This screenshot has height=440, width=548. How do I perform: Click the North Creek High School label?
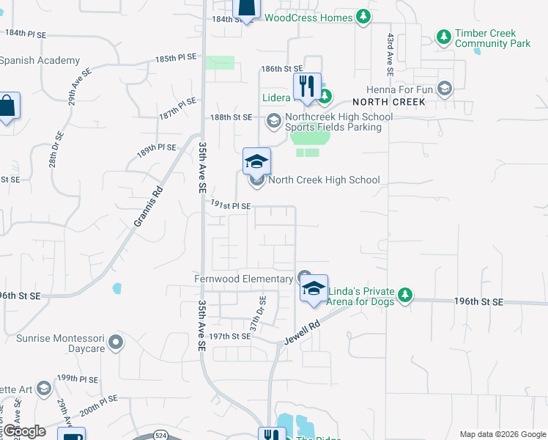pos(324,180)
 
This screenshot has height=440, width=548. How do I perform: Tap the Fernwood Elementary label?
pos(244,279)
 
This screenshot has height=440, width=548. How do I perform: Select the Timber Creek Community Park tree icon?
pos(443,36)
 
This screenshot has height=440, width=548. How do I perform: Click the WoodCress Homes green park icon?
pos(363,16)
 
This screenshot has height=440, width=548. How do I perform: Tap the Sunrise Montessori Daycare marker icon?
pos(114,342)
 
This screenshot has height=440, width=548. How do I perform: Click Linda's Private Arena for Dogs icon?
pos(404,296)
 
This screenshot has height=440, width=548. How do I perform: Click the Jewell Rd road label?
pos(304,332)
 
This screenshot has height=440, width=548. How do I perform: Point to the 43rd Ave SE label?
pos(391,54)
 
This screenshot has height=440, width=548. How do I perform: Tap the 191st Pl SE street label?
pos(232,206)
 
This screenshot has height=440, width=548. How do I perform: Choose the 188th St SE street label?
pos(232,117)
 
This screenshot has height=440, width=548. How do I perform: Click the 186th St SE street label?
pos(282,68)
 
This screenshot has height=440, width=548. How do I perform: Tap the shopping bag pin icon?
pos(7,107)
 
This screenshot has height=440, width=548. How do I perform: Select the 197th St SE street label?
pos(230,336)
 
